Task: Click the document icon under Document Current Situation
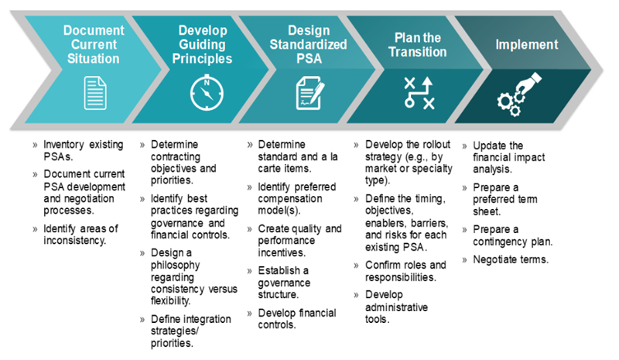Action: click(x=95, y=93)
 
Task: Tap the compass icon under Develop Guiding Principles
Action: click(x=207, y=93)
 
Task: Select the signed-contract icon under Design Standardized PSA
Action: click(x=310, y=93)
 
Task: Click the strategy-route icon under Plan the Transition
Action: click(x=419, y=93)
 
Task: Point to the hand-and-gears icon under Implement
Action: click(x=519, y=94)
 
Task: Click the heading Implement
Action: click(x=527, y=44)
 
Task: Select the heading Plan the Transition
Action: click(x=418, y=45)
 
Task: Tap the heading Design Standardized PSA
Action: click(x=308, y=44)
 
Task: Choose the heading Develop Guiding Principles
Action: click(x=202, y=44)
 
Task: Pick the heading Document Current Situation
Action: click(x=94, y=44)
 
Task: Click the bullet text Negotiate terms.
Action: click(x=511, y=259)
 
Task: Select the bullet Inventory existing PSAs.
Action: click(x=84, y=150)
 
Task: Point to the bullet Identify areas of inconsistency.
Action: click(x=80, y=235)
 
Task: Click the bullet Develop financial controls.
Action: click(x=297, y=319)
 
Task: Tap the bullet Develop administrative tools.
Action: click(x=396, y=307)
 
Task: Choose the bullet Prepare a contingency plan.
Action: click(x=512, y=235)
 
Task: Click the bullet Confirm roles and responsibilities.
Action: click(x=405, y=271)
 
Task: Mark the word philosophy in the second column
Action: click(x=176, y=265)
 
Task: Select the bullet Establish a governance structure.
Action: click(x=284, y=283)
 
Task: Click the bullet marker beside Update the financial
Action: click(x=465, y=146)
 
